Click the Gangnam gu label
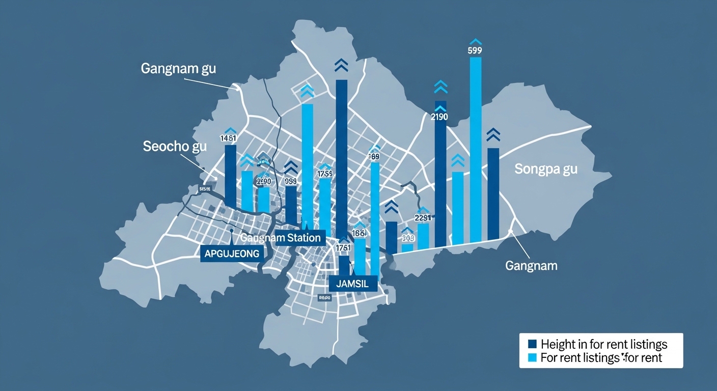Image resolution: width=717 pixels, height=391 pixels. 178,69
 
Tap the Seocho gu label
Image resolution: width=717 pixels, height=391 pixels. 175,147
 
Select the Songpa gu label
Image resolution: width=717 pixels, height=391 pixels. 546,169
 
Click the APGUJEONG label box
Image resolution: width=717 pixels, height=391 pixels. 232,253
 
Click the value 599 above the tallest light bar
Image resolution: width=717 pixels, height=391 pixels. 474,50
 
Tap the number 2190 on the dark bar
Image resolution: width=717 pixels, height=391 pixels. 439,117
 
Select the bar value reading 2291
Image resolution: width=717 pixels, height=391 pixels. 423,217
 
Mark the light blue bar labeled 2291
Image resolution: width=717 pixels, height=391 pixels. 423,236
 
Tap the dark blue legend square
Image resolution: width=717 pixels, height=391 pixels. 533,344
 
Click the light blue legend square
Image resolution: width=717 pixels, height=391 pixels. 533,357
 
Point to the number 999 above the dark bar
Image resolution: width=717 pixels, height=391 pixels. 291,181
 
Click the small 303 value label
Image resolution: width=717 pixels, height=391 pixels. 408,238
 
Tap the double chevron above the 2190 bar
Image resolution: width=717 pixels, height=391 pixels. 440,87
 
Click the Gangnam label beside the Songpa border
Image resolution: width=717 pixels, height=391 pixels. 531,265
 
